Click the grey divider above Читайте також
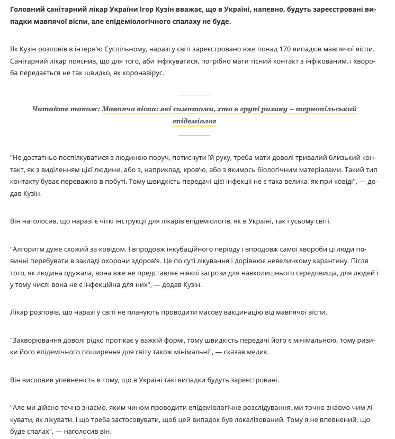coord(194,94)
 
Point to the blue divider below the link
coord(194,136)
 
